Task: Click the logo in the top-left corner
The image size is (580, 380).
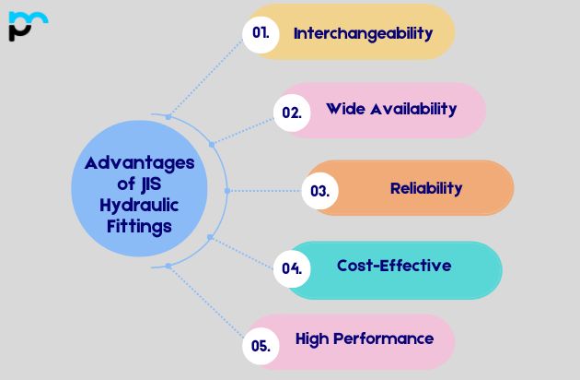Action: coord(27,26)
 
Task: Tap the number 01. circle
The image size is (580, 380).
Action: coord(261,32)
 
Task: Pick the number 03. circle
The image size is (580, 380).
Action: coord(319,191)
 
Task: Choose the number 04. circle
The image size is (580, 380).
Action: coord(293,268)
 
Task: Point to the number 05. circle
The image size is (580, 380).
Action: coord(261,346)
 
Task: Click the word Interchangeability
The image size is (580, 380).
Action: coord(363,33)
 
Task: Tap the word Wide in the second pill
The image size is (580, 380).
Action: coord(345,109)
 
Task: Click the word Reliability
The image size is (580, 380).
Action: coord(426,188)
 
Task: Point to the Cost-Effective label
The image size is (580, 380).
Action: coord(394,266)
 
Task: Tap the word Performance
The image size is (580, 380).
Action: coord(385,338)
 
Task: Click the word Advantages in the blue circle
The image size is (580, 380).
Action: coord(140,163)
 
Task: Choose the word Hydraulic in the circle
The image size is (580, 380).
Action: coord(139,204)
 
